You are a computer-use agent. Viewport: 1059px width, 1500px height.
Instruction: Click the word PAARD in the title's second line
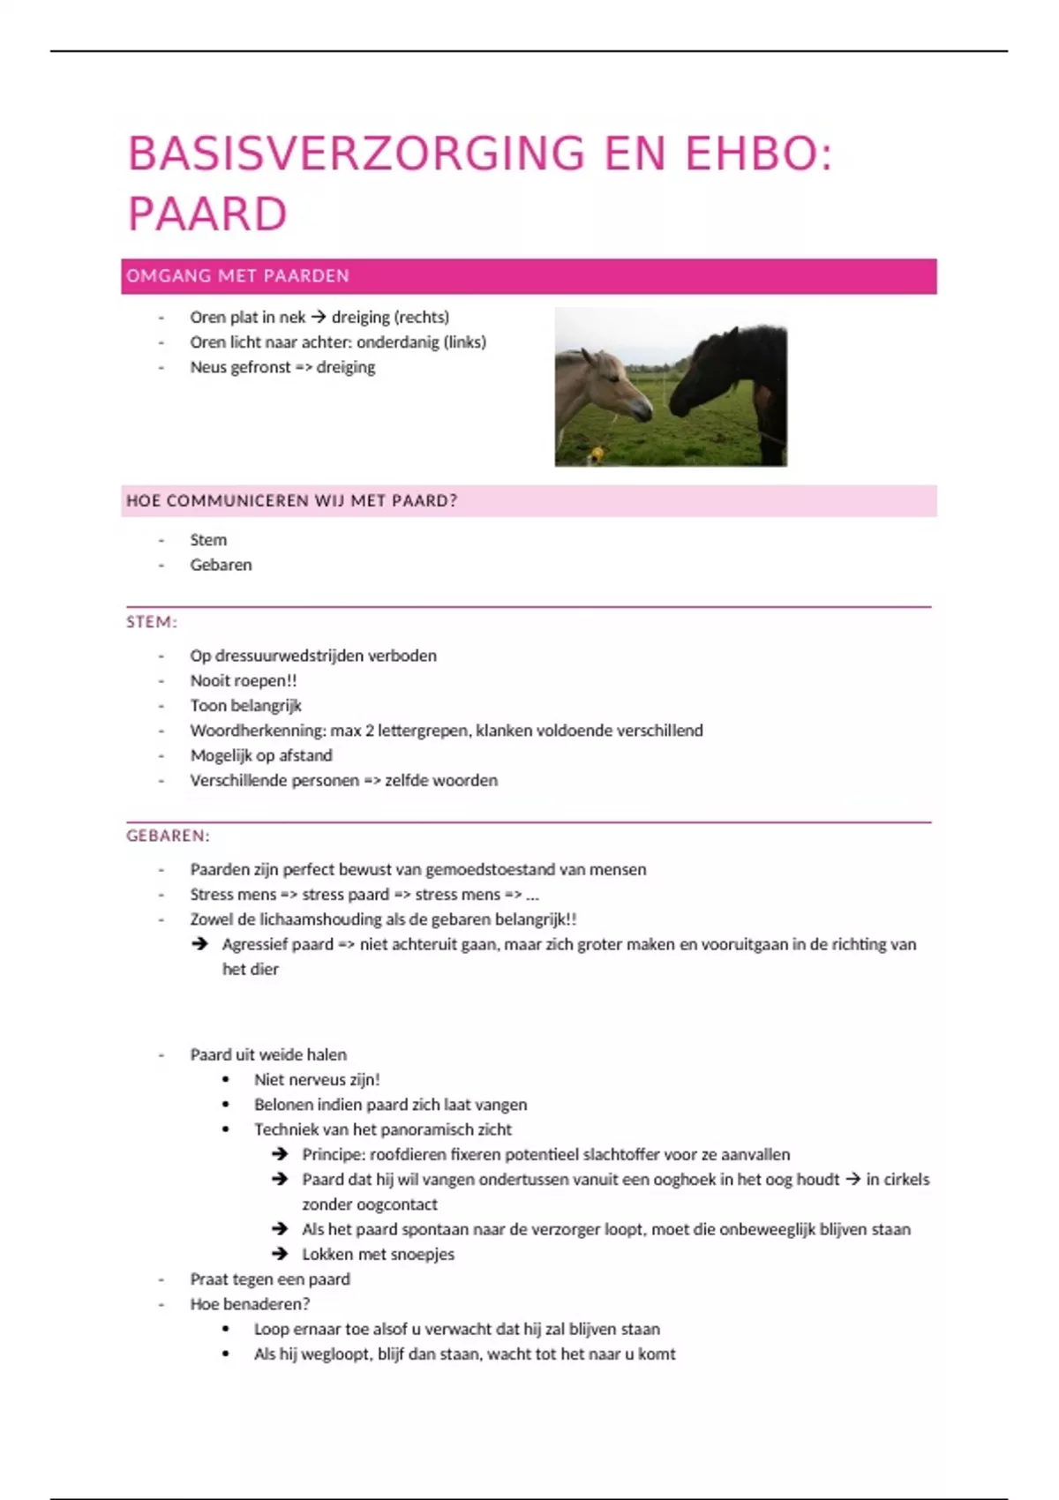tap(207, 214)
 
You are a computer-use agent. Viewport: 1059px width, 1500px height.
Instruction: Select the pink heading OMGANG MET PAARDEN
tap(237, 276)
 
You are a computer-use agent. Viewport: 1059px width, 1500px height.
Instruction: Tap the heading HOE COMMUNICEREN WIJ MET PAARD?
tap(291, 501)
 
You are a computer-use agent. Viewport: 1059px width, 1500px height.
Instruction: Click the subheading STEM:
tap(151, 622)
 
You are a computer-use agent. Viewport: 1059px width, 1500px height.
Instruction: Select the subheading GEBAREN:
tap(168, 836)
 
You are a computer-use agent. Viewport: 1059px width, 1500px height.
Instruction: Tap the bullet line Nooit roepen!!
tap(244, 680)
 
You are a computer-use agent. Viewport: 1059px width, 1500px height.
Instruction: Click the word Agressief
tap(255, 944)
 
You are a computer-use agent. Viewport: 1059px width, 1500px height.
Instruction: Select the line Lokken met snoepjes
tap(378, 1254)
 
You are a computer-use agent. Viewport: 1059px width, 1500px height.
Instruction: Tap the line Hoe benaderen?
tap(250, 1303)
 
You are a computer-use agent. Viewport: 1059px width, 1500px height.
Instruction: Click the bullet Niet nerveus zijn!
tap(317, 1079)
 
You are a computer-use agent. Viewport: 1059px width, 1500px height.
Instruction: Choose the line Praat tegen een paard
tap(270, 1279)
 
